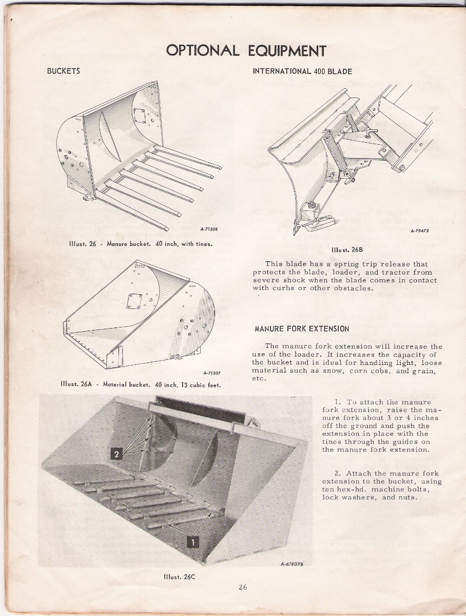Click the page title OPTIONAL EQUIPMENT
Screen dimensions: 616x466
(246, 51)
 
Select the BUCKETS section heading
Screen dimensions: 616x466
(64, 71)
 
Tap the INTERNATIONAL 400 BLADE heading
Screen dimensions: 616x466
(302, 71)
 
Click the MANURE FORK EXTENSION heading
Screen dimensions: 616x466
(302, 329)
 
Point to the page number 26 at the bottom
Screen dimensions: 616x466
(243, 588)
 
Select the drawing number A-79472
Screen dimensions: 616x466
(419, 231)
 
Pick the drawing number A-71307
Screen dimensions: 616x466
(212, 373)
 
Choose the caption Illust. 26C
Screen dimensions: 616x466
(176, 576)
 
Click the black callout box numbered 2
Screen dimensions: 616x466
(116, 454)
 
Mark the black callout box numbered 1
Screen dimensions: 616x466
(192, 541)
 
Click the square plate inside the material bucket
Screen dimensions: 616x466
(135, 301)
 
